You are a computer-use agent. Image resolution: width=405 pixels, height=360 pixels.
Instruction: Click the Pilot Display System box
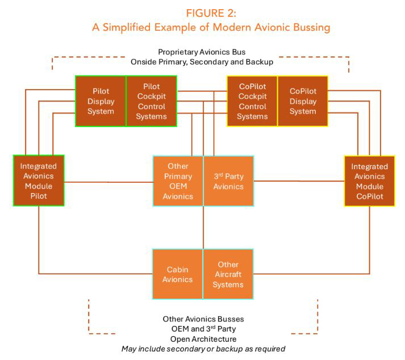point(101,101)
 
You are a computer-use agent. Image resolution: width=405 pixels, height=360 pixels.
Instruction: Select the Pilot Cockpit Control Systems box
point(151,101)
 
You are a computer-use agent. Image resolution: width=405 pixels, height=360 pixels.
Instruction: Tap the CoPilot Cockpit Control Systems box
point(252,101)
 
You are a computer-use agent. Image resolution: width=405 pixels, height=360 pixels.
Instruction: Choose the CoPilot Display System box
point(302,101)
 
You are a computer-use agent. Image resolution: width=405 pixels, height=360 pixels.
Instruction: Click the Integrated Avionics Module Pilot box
point(38,181)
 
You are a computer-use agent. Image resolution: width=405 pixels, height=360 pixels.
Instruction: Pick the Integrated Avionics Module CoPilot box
point(369,181)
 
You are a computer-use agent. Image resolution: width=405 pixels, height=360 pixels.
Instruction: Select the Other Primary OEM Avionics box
point(178,181)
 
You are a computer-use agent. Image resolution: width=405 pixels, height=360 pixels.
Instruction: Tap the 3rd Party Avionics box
point(228,181)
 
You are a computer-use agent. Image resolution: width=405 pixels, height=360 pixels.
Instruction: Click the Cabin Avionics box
point(178,274)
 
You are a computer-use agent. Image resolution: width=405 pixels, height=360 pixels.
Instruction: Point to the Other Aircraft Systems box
point(228,274)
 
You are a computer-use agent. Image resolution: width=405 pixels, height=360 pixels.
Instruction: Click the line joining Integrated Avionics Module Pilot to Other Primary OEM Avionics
point(108,182)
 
